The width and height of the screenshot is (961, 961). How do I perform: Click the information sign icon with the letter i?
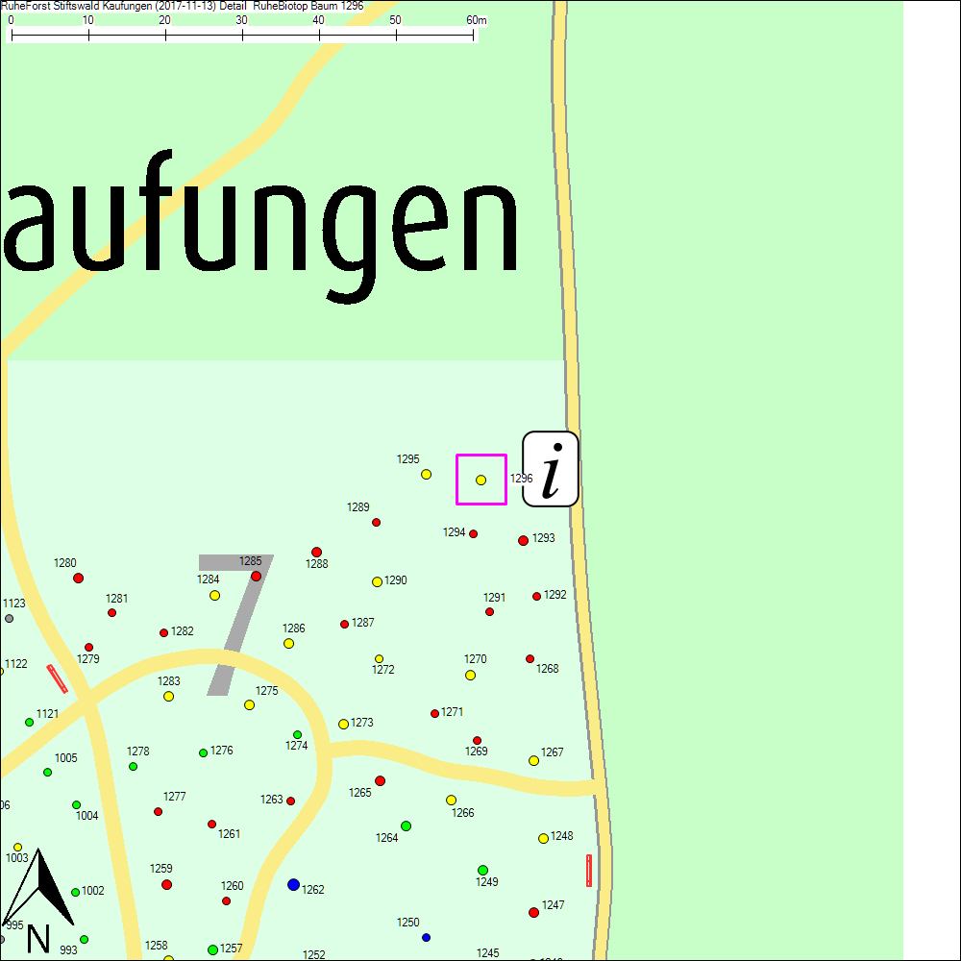tap(551, 469)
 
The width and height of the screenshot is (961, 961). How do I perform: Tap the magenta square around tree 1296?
tap(481, 480)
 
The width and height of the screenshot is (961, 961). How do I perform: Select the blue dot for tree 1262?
tap(293, 884)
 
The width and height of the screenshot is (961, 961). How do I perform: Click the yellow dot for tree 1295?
tap(426, 474)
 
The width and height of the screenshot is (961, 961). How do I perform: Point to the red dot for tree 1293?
tap(523, 540)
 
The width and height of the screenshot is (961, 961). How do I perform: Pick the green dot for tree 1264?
tap(406, 825)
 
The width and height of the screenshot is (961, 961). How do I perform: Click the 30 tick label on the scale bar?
tap(242, 20)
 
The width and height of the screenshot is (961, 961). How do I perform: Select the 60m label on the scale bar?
tap(477, 20)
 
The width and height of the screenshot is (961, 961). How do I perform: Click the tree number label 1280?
tap(65, 563)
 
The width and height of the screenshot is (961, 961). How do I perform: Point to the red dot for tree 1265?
tap(380, 780)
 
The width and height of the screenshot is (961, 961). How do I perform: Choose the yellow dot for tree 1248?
tap(543, 838)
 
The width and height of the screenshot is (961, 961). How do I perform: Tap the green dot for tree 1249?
tap(482, 870)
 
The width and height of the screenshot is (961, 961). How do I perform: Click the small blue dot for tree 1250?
tap(426, 937)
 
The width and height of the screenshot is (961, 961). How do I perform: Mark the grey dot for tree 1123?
tap(10, 618)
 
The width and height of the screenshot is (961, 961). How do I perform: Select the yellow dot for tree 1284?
tap(214, 595)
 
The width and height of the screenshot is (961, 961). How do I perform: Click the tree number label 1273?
tap(362, 723)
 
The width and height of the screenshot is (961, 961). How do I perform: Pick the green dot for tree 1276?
tap(203, 752)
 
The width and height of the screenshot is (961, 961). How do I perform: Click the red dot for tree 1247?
tap(533, 912)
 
